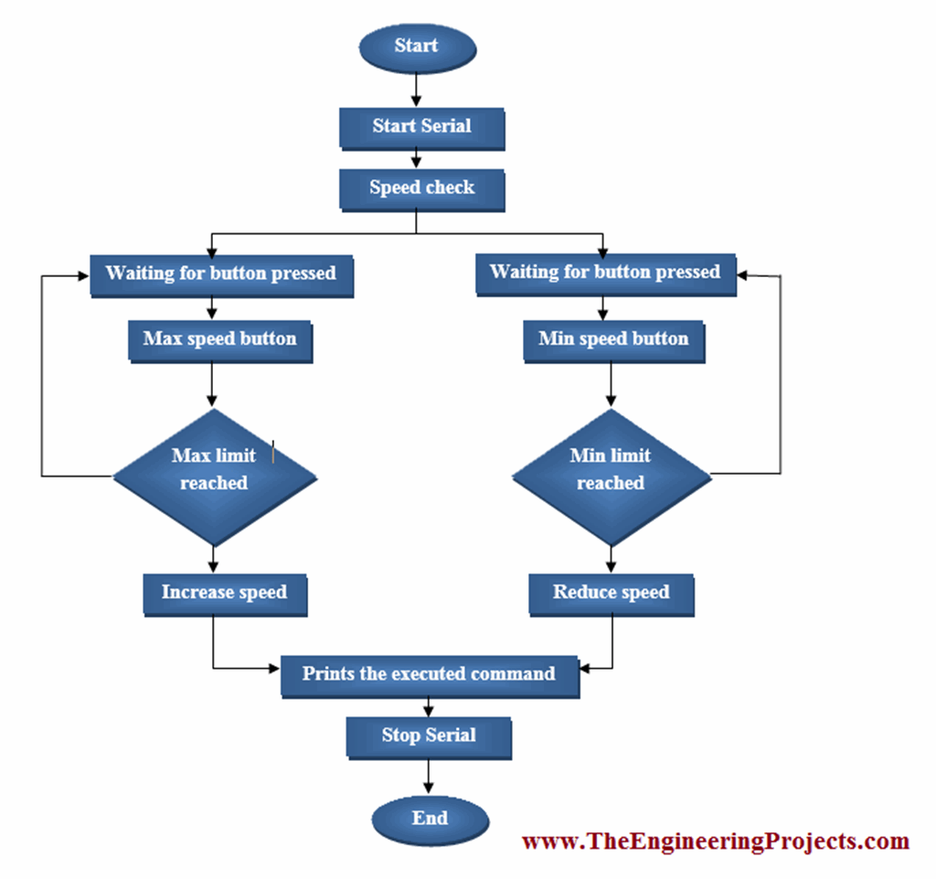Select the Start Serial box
(421, 127)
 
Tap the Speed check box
(421, 188)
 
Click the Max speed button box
(219, 340)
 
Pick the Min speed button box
(612, 340)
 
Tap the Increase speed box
(224, 594)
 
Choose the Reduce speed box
(611, 594)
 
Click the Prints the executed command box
(429, 675)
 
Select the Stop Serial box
(428, 736)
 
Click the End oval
(430, 818)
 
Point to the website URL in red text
(715, 841)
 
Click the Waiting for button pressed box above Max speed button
(221, 273)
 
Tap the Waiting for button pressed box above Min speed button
(605, 273)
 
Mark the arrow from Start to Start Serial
(417, 90)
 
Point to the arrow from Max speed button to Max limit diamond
(213, 384)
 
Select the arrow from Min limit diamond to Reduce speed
(611, 558)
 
